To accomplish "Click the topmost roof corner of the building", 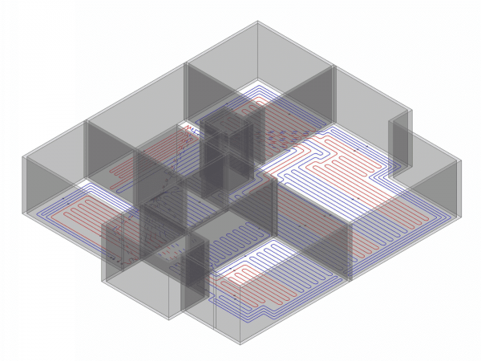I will point(257,22).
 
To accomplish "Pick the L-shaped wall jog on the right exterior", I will point(399,144).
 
